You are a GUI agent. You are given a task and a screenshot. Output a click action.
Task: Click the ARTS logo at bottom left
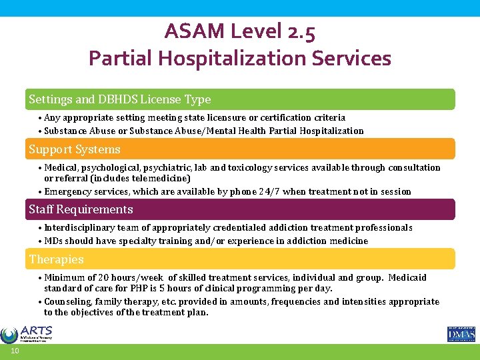click(27, 333)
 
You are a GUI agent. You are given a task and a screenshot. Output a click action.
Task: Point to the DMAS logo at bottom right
click(461, 333)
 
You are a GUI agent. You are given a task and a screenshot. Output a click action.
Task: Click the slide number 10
click(14, 352)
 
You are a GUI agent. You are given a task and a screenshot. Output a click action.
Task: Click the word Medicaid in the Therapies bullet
click(407, 277)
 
